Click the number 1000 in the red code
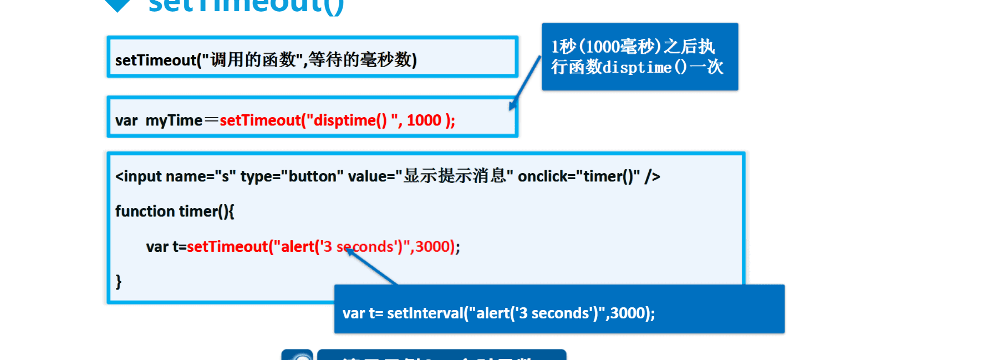point(424,120)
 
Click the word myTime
point(174,120)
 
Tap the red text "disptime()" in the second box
point(350,120)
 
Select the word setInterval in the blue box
point(425,313)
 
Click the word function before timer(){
point(145,211)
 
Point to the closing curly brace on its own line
point(118,281)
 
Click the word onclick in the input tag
point(542,176)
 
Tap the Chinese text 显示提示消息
point(455,176)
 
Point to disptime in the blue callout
point(637,68)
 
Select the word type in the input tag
point(256,176)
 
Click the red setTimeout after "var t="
point(227,246)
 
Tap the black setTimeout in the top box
point(155,60)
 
